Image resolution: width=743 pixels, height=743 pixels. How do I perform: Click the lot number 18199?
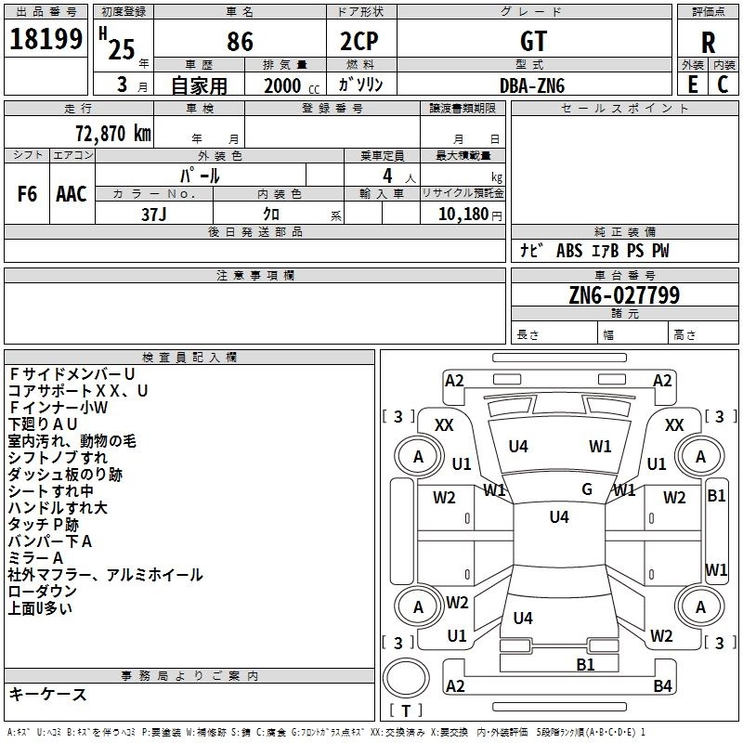click(x=46, y=40)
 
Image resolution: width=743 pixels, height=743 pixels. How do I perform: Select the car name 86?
click(x=240, y=42)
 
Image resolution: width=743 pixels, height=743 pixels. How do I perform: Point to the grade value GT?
click(x=534, y=42)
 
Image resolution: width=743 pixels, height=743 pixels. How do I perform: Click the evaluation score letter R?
click(x=709, y=43)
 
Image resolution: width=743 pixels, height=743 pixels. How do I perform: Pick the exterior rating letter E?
click(x=692, y=85)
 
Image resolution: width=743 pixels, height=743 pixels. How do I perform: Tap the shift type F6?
click(x=27, y=194)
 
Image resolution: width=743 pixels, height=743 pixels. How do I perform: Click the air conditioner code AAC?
click(x=71, y=194)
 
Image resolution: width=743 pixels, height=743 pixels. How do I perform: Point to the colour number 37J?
click(x=154, y=214)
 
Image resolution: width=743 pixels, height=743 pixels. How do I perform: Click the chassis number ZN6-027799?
click(x=624, y=295)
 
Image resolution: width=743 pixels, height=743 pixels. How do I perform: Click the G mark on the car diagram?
click(x=587, y=489)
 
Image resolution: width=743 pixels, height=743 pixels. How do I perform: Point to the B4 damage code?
click(x=662, y=686)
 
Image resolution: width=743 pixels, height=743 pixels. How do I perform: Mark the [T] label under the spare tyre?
click(x=406, y=710)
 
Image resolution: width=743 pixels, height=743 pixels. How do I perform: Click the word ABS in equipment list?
click(x=568, y=251)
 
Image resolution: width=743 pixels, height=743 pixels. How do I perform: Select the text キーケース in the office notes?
click(x=48, y=695)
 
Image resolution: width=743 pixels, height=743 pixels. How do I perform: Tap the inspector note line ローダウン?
click(x=43, y=592)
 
